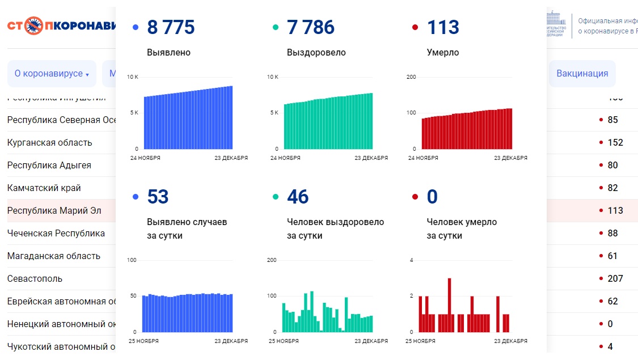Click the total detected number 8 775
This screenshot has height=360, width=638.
click(170, 27)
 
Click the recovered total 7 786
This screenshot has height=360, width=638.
click(310, 27)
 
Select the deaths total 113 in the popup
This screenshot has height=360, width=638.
click(443, 27)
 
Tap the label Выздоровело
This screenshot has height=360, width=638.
click(316, 53)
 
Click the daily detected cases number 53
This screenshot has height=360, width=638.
click(158, 197)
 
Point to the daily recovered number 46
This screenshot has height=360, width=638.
click(298, 197)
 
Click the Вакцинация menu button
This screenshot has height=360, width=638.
click(582, 73)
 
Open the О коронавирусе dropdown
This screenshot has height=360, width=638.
click(52, 74)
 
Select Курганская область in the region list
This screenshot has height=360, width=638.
click(49, 142)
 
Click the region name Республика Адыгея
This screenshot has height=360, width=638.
click(49, 165)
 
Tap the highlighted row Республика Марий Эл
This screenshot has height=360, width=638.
click(54, 210)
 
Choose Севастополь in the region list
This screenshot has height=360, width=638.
click(35, 278)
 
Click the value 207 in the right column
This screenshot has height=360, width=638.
click(615, 278)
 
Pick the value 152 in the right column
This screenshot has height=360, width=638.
click(615, 142)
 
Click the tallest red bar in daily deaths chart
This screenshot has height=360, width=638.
click(449, 305)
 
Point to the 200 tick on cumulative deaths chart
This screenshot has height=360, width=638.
click(411, 77)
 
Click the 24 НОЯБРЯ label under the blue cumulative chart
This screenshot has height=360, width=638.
click(145, 158)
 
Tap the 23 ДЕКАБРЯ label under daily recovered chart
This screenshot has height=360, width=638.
click(371, 341)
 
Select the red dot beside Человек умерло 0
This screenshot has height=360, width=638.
click(415, 197)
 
